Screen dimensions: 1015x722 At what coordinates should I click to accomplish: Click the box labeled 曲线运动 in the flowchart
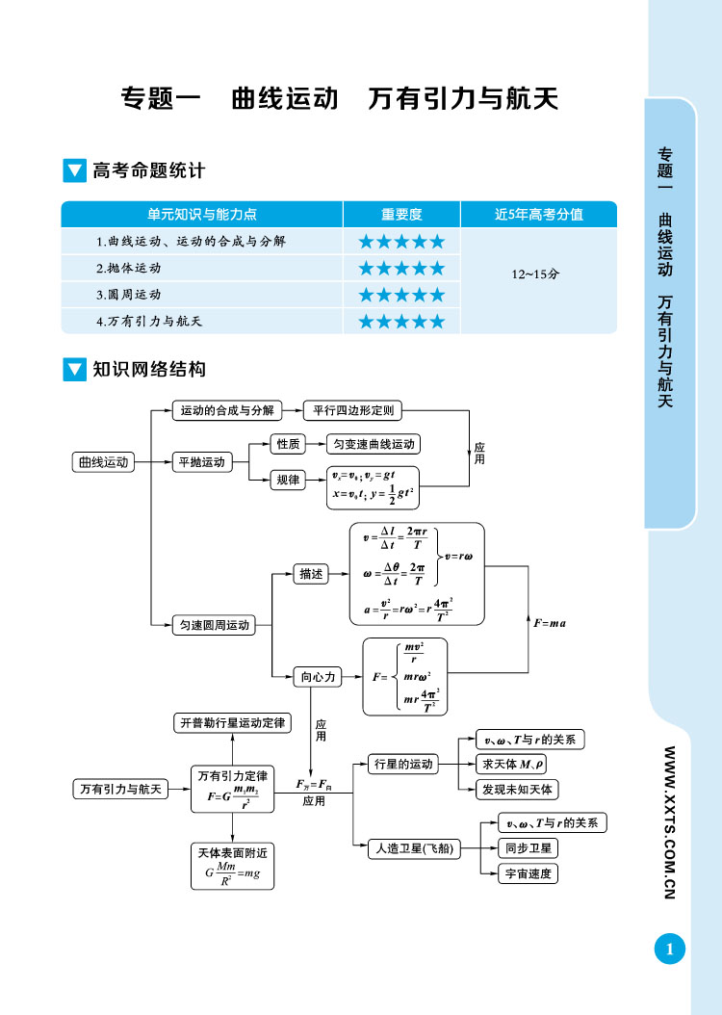102,462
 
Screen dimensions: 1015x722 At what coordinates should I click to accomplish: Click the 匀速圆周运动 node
215,625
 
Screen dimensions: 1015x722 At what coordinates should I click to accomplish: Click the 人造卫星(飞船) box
414,848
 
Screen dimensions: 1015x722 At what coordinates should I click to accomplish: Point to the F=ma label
550,623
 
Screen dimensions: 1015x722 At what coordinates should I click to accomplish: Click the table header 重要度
401,214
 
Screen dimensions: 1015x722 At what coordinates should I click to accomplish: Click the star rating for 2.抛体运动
401,268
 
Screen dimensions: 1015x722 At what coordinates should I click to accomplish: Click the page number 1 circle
669,950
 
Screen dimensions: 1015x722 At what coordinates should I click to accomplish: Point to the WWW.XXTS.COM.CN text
669,822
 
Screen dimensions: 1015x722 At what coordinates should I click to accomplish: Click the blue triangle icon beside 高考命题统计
74,171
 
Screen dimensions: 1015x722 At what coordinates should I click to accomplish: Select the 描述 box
311,574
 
